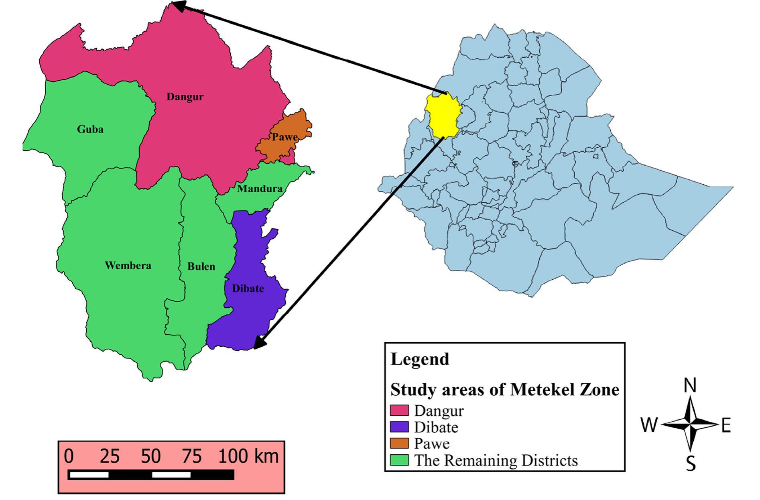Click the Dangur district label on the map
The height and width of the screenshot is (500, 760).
[x=185, y=97]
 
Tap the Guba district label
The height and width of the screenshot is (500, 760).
[x=90, y=129]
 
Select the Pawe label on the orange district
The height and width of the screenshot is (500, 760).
[x=285, y=137]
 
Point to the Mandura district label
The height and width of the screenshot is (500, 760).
[x=260, y=188]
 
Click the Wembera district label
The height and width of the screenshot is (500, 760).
[x=128, y=266]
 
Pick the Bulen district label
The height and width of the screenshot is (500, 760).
[x=201, y=266]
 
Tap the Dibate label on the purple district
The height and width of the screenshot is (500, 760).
[x=248, y=289]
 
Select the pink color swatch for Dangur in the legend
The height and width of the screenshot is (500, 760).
[x=400, y=411]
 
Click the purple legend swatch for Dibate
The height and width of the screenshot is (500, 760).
[x=400, y=427]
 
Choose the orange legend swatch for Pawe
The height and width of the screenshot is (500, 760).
[x=400, y=443]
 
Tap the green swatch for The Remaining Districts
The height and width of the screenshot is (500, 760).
[x=400, y=460]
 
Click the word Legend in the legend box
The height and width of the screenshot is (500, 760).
[x=420, y=359]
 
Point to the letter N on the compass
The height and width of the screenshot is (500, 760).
[x=690, y=386]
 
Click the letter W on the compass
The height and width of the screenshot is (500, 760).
[x=649, y=425]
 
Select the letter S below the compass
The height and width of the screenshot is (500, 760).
[x=690, y=464]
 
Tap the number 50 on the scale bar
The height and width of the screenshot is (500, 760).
[x=151, y=457]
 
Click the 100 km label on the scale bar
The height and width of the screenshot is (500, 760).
[x=248, y=457]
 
